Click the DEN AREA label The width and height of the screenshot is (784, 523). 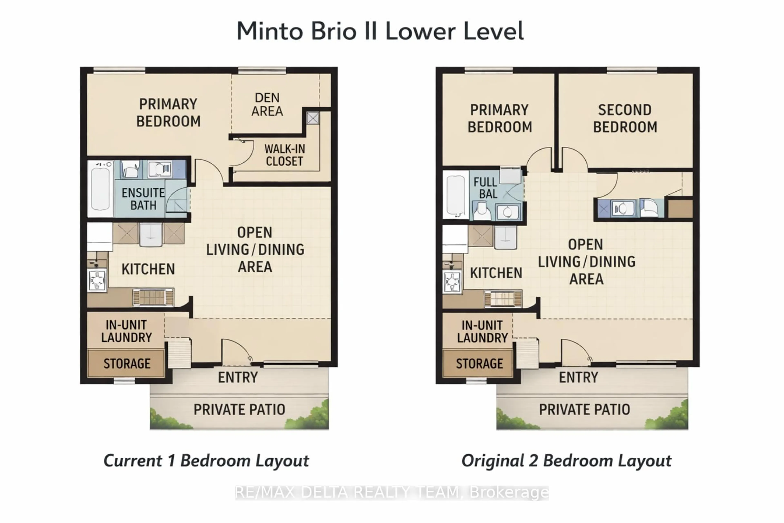pos(267,104)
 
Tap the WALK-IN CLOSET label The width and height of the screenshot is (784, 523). pos(284,155)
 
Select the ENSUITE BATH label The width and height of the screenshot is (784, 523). pos(143,199)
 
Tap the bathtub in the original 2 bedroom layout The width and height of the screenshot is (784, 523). pos(455,195)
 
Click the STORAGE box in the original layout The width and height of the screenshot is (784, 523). pos(479,364)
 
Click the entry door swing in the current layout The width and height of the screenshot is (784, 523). pos(235,352)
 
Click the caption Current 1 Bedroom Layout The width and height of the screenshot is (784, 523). pos(206,461)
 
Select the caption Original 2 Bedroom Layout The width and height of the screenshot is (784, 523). pos(566,461)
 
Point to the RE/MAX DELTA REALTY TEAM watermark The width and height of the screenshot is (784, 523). pos(392,493)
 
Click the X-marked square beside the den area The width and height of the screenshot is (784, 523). pos(312,118)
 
